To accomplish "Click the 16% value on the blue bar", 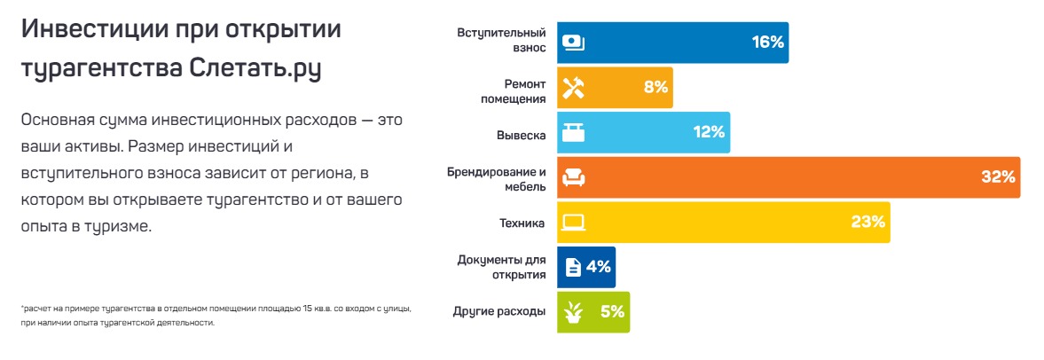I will pos(767,43).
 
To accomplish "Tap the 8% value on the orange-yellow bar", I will pos(655,88).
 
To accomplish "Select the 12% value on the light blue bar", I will pos(710,133).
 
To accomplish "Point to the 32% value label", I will pos(998,177).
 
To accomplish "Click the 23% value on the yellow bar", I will pos(868,222).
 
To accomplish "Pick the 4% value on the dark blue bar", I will pos(599,266).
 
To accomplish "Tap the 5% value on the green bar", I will pos(612,311).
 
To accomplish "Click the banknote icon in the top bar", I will pos(574,43).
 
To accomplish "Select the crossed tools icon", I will pos(574,88).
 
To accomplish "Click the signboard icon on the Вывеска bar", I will pos(574,133).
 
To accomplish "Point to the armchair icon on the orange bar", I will pos(574,178).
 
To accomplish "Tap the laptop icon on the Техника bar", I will pos(574,222).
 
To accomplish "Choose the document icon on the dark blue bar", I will pos(573,267).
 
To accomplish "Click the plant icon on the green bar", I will pos(574,312).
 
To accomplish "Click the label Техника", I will pos(522,223).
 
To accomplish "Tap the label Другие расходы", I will pos(498,312).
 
